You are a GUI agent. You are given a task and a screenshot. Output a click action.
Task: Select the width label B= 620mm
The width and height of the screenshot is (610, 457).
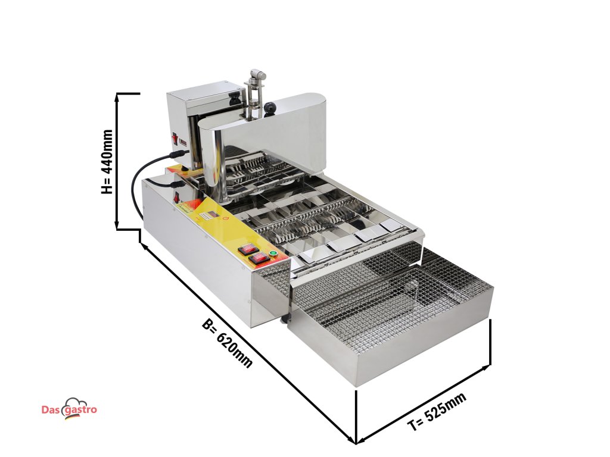click(x=227, y=344)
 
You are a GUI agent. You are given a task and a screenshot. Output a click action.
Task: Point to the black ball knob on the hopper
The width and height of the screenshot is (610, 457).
click(x=271, y=108)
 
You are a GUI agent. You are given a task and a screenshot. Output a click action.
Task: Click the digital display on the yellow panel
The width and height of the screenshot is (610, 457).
click(x=210, y=215)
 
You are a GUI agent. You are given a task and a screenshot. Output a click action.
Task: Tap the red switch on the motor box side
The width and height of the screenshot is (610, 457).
click(x=175, y=139)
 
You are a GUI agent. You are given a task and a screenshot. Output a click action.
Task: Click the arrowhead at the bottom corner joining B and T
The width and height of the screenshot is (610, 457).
click(x=355, y=441)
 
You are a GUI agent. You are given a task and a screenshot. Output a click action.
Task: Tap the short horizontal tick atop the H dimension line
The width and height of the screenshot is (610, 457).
click(x=128, y=93)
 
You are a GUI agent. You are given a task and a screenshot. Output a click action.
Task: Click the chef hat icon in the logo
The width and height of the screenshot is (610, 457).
click(x=76, y=403)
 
